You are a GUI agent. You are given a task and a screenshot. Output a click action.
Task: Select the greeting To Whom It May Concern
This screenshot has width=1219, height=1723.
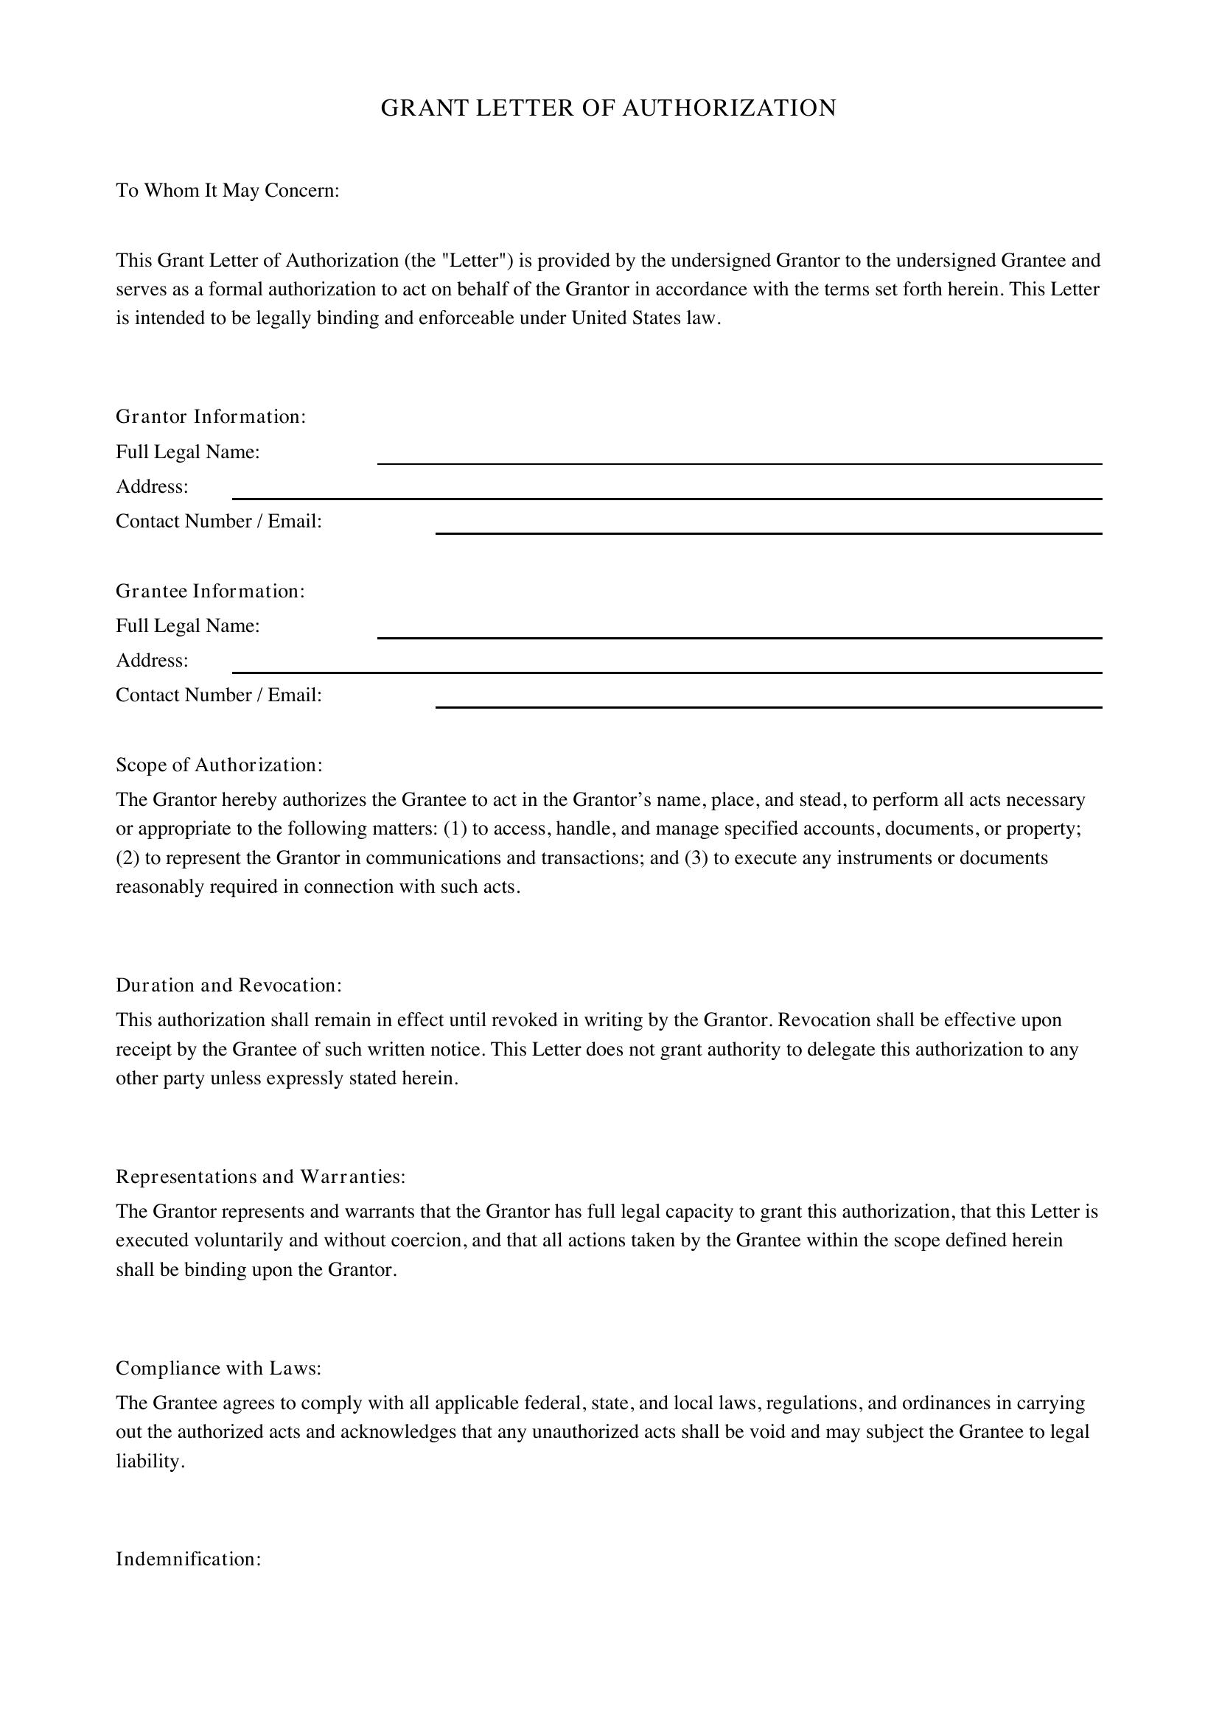tap(228, 191)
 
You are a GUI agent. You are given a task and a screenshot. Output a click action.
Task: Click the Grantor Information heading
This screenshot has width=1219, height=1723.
tap(211, 416)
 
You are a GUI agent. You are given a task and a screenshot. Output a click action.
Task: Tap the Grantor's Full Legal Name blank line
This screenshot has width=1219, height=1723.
tap(739, 457)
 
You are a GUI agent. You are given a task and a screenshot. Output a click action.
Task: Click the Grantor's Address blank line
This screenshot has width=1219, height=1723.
tap(666, 492)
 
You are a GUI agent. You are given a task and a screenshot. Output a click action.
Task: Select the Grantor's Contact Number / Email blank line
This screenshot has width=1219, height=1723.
tap(769, 527)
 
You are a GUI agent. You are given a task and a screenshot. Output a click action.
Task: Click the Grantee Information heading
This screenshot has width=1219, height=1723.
tap(210, 592)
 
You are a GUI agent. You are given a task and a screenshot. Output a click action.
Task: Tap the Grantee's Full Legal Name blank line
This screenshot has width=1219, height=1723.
tap(739, 632)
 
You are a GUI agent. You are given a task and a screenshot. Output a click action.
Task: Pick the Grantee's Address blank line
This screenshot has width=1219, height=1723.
tap(666, 667)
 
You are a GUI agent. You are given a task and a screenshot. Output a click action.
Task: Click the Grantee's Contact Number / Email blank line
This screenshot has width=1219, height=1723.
tap(769, 701)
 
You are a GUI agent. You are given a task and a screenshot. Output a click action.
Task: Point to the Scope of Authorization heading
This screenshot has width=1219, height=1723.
tap(218, 765)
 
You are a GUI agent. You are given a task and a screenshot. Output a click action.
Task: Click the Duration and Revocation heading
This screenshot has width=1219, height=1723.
tap(228, 986)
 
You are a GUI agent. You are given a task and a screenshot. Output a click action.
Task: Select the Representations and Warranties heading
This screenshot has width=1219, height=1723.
tap(260, 1176)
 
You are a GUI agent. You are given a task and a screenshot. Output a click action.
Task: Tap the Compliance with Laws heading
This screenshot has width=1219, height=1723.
tap(218, 1369)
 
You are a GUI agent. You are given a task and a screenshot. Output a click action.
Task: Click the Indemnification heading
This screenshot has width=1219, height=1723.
tap(189, 1559)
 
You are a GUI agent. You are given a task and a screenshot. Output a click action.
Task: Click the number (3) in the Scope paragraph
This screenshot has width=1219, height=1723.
tap(696, 857)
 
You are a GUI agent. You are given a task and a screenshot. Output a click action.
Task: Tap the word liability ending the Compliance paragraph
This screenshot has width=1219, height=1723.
tap(149, 1461)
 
